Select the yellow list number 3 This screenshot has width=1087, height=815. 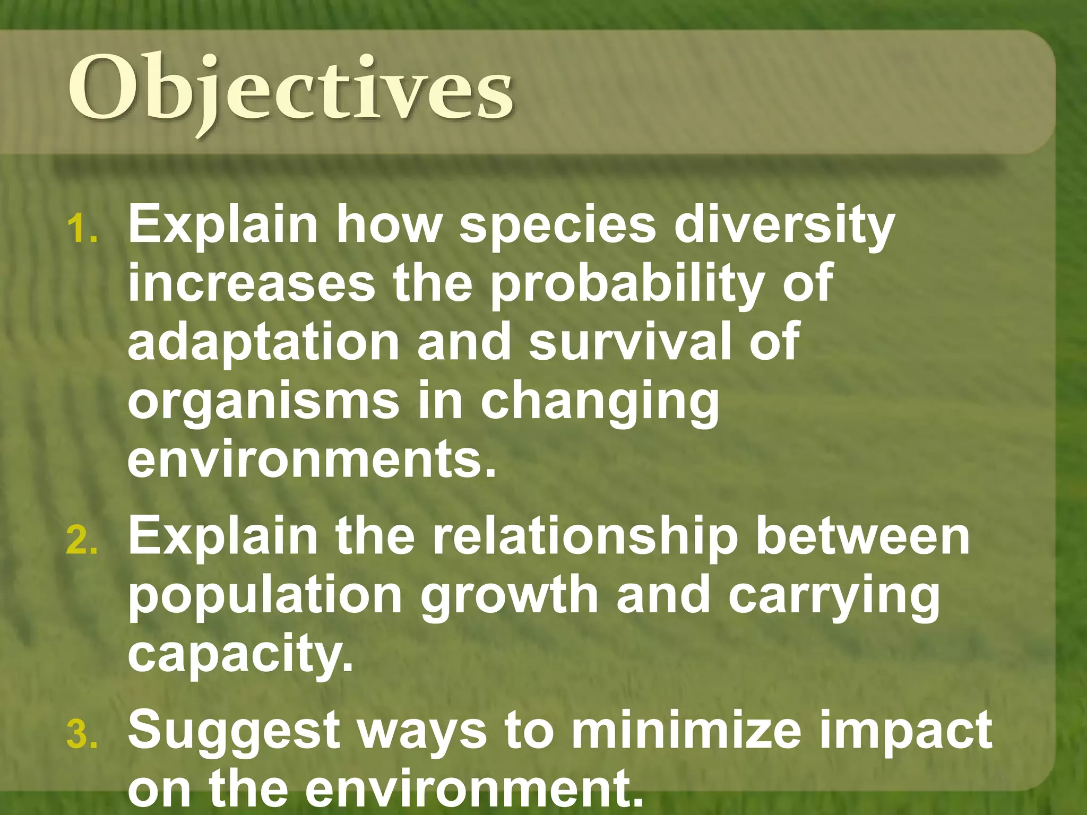coord(82,735)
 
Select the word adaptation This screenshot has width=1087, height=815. coord(263,344)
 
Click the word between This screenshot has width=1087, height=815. coord(863,538)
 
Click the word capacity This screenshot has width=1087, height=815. coord(240,656)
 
